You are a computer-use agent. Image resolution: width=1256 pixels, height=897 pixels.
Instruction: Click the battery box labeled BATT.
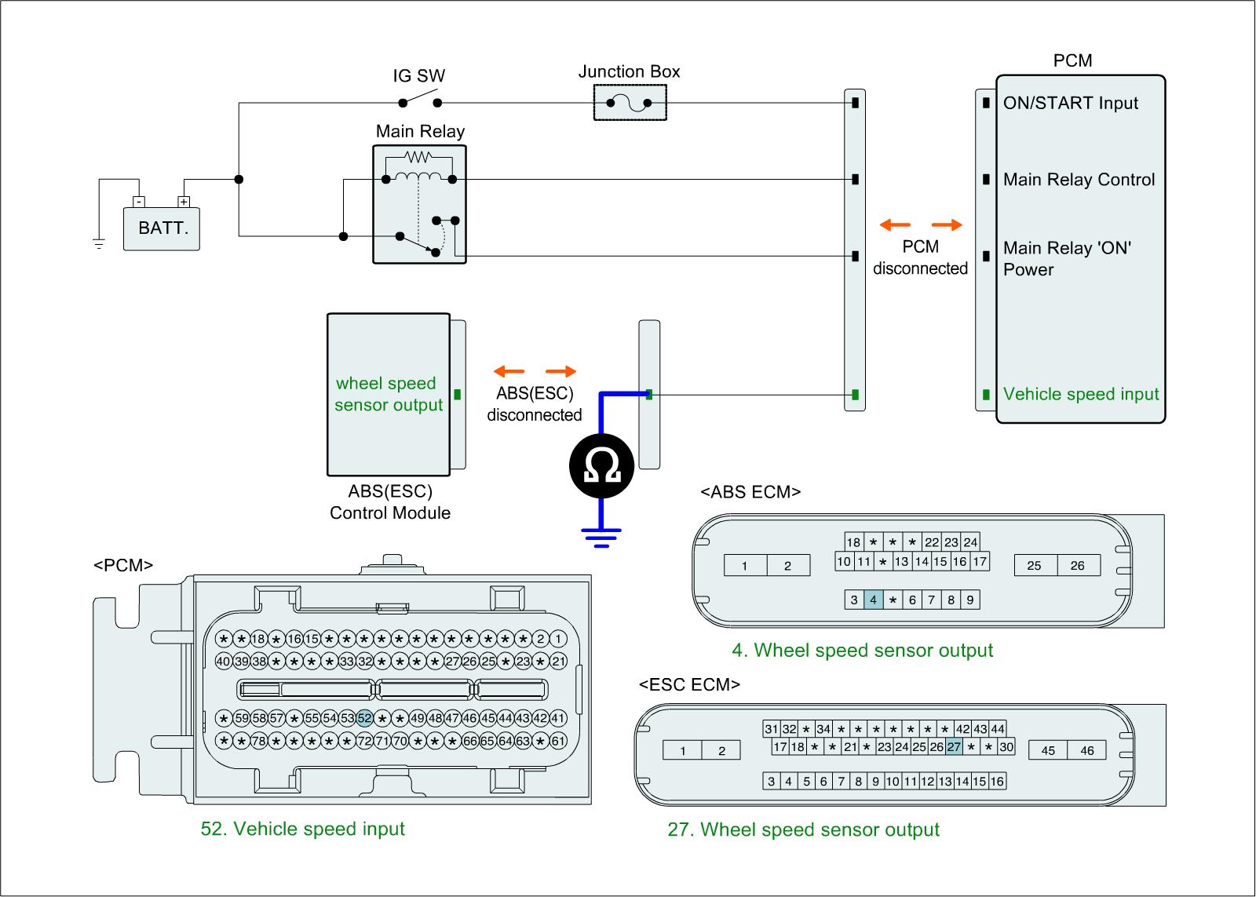162,228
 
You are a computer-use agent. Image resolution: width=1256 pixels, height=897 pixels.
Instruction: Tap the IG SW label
418,76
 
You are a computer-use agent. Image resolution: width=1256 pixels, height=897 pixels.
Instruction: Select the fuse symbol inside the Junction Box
629,104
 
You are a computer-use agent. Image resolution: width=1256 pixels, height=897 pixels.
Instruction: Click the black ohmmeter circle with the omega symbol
601,466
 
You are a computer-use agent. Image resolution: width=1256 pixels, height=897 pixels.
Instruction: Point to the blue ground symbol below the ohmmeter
601,538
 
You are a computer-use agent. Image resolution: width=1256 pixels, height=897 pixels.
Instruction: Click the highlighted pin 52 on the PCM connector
364,717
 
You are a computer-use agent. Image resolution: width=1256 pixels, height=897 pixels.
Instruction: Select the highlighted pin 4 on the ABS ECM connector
873,600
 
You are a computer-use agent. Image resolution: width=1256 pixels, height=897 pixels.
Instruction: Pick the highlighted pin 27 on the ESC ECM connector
954,747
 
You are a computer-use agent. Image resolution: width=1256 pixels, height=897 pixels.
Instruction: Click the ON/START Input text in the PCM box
1070,104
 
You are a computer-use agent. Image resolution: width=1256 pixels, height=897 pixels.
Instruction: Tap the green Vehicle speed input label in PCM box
1080,395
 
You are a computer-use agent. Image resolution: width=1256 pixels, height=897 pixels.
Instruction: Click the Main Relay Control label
1079,180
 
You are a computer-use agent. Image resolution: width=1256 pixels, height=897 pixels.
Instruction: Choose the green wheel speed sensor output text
388,394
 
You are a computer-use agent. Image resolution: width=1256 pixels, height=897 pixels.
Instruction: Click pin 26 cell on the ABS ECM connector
1077,565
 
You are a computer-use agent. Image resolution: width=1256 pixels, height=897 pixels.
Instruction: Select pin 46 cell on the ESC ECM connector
1086,750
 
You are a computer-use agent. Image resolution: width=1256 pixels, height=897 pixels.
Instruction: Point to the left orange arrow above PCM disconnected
895,226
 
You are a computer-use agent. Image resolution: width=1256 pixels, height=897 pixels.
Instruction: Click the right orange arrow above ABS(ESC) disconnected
560,372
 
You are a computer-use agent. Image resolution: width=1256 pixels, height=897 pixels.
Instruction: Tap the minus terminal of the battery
138,202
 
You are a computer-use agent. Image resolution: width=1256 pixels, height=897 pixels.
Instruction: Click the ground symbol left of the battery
99,242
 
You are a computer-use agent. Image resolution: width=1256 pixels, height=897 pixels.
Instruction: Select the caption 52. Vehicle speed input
303,829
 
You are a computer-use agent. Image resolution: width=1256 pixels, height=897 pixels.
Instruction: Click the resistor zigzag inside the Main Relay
418,155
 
